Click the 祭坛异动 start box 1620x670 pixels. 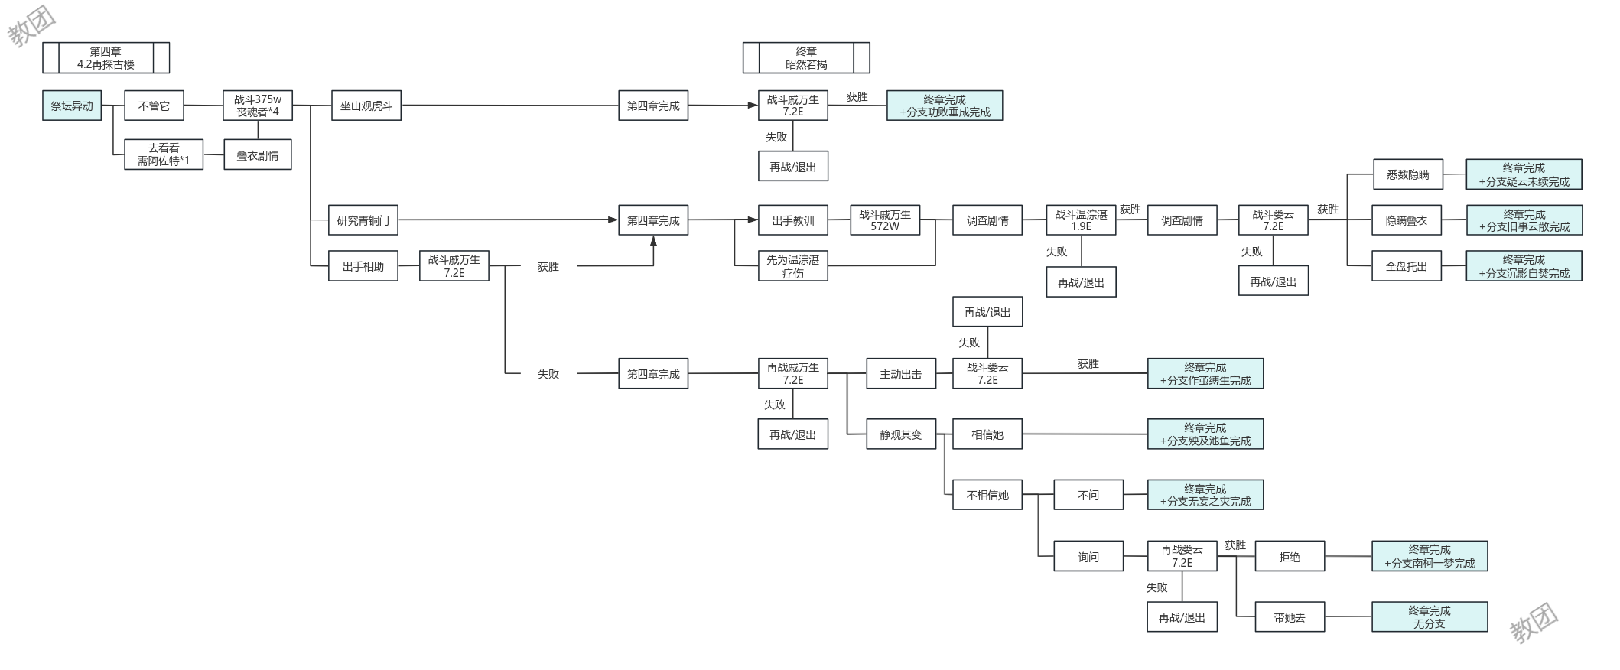pyautogui.click(x=72, y=106)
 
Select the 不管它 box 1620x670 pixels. pyautogui.click(x=154, y=106)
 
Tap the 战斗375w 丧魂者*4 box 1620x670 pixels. pyautogui.click(x=258, y=106)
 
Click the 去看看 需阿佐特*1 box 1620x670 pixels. pyautogui.click(x=164, y=154)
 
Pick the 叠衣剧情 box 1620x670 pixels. pyautogui.click(x=258, y=154)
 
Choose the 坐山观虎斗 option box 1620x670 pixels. pyautogui.click(x=366, y=106)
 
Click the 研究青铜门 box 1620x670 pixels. pyautogui.click(x=363, y=220)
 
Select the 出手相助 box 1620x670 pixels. pyautogui.click(x=363, y=266)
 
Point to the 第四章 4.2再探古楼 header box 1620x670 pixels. pyautogui.click(x=106, y=58)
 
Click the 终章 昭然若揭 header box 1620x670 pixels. pyautogui.click(x=806, y=58)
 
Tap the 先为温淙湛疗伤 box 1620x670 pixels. pyautogui.click(x=793, y=266)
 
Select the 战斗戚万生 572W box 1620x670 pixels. pyautogui.click(x=885, y=220)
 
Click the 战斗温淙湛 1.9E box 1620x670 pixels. pyautogui.click(x=1082, y=220)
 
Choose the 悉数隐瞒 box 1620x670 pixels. pyautogui.click(x=1408, y=174)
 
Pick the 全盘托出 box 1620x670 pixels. pyautogui.click(x=1407, y=266)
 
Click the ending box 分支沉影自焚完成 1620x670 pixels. pyautogui.click(x=1524, y=266)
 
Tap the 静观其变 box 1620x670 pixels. pyautogui.click(x=901, y=434)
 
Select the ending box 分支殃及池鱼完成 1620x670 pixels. pyautogui.click(x=1205, y=434)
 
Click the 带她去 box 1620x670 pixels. pyautogui.click(x=1290, y=617)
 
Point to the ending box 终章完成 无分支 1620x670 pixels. pyautogui.click(x=1430, y=617)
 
